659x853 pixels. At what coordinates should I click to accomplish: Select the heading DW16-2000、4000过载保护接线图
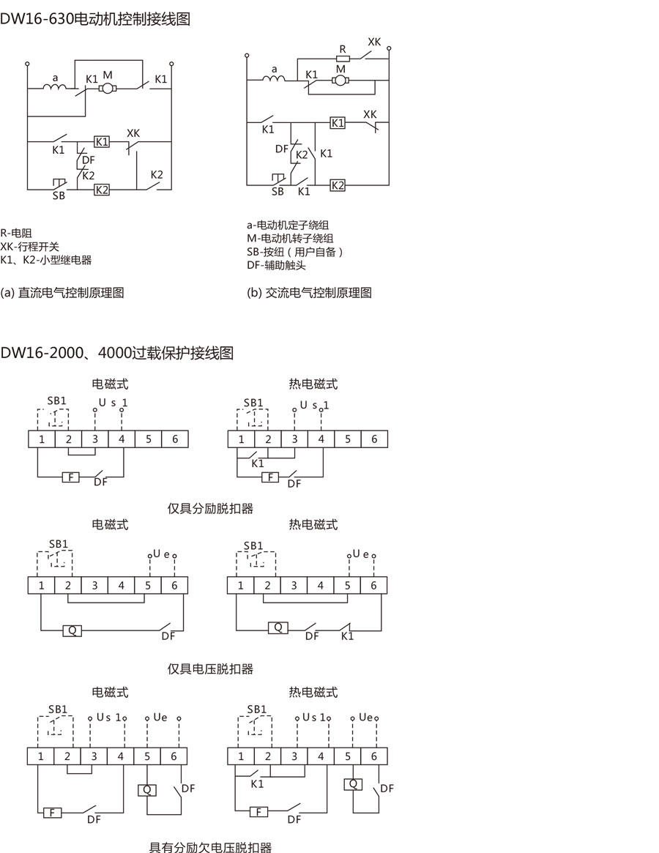coord(117,353)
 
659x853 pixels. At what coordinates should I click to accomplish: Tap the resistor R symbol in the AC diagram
coord(343,59)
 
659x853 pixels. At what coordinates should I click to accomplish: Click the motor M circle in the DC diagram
coord(108,89)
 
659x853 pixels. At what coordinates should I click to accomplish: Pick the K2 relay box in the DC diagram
coord(102,190)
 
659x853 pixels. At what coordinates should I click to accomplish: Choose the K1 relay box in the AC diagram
coord(337,122)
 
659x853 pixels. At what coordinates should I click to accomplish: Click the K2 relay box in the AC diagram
coord(338,185)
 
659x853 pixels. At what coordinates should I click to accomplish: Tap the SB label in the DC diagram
coord(58,196)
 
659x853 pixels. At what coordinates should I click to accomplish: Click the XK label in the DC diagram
coord(133,133)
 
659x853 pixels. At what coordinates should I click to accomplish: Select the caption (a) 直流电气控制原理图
coord(62,293)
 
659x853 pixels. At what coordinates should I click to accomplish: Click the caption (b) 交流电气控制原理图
coord(310,293)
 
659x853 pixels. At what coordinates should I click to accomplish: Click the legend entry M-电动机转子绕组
coord(291,238)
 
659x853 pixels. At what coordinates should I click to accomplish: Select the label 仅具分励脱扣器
coord(210,508)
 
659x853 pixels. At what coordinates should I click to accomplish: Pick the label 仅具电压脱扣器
coord(210,668)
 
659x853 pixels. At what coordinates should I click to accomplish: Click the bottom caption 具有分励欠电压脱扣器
coord(210,847)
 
